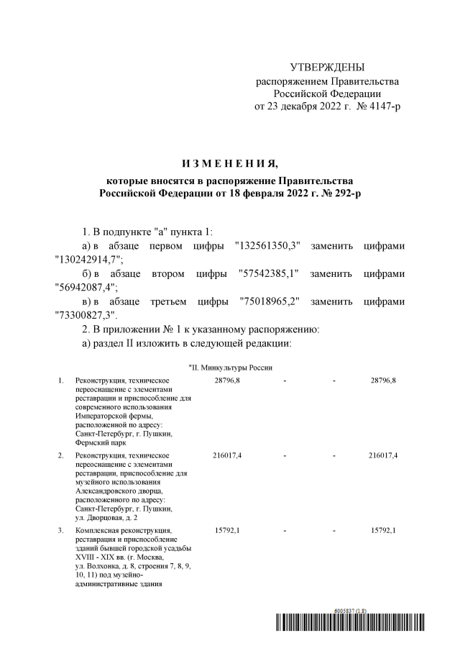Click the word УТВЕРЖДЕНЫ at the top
(327, 67)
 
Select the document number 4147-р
(382, 106)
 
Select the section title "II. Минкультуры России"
(230, 368)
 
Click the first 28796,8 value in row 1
(227, 380)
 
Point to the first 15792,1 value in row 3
(227, 531)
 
